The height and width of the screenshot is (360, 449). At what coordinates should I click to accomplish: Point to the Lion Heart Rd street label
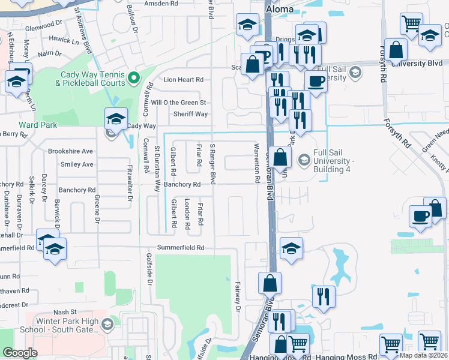pyautogui.click(x=184, y=79)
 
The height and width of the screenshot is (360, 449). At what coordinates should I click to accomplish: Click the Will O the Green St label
pyautogui.click(x=178, y=103)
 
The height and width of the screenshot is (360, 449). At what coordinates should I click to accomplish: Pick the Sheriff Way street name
pyautogui.click(x=190, y=114)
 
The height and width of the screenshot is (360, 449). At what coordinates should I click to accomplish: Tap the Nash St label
pyautogui.click(x=65, y=312)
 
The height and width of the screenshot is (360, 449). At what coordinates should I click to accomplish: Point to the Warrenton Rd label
pyautogui.click(x=256, y=163)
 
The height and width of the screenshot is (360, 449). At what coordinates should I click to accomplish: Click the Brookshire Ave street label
pyautogui.click(x=71, y=151)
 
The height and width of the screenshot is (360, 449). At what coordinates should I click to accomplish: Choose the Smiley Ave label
pyautogui.click(x=79, y=164)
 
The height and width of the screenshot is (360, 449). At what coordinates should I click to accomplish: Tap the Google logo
pyautogui.click(x=20, y=353)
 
